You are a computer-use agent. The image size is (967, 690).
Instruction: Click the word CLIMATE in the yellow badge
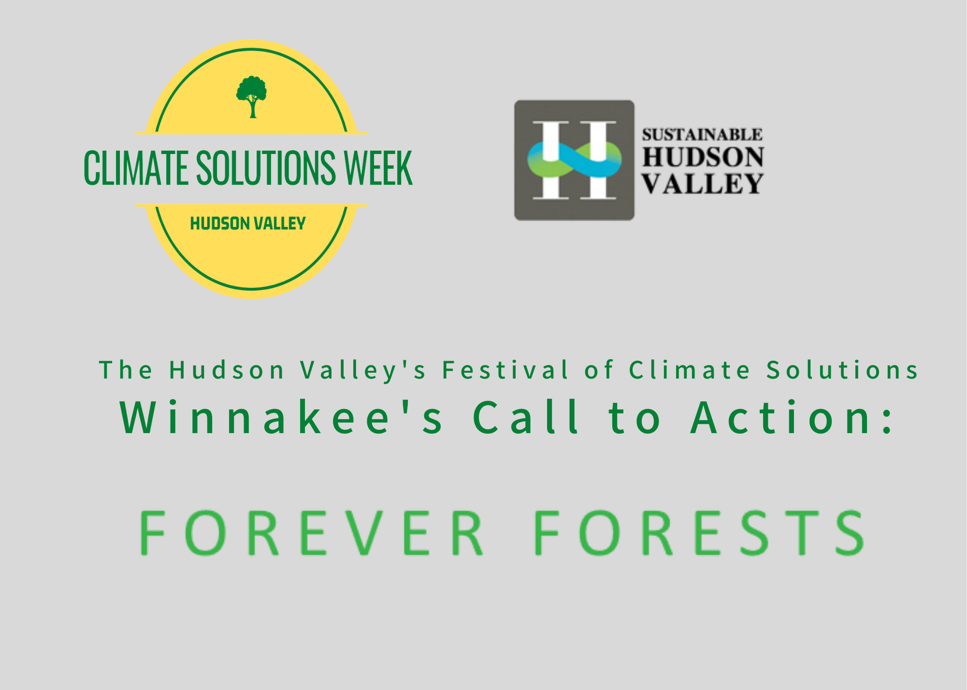tap(136, 168)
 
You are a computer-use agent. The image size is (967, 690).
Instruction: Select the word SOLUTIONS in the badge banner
tap(265, 168)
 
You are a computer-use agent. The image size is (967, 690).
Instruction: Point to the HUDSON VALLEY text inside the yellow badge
tap(248, 224)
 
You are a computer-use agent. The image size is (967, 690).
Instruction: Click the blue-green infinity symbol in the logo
tap(574, 159)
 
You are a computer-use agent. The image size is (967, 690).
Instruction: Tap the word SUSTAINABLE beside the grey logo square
tap(702, 134)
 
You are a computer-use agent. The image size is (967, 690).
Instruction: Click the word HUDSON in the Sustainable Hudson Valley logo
tap(703, 158)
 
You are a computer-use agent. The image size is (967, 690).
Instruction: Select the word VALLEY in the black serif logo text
tap(702, 184)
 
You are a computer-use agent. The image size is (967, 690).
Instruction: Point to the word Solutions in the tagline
tap(842, 371)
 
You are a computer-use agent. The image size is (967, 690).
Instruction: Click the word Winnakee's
tap(281, 417)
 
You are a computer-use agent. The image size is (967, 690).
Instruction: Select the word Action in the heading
tap(779, 417)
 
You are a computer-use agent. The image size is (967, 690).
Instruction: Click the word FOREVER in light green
tap(311, 532)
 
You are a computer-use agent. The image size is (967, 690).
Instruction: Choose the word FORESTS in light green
tap(699, 532)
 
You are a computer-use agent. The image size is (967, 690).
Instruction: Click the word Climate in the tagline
tap(689, 371)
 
